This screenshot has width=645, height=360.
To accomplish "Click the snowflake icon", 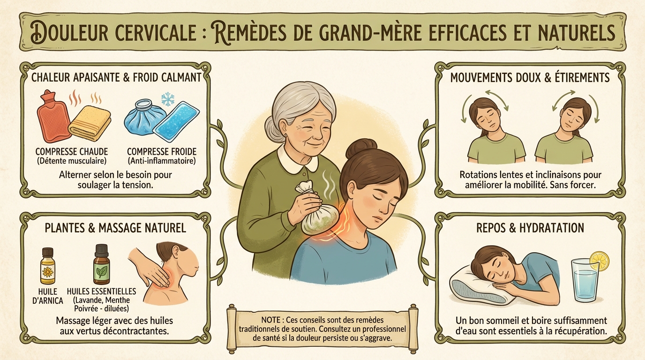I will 167,98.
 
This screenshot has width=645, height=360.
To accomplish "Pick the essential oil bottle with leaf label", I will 102,265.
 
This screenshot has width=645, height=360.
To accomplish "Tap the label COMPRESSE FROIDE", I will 161,152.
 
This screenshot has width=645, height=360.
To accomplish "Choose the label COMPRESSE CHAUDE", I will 72,152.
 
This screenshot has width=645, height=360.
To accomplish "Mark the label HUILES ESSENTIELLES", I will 102,291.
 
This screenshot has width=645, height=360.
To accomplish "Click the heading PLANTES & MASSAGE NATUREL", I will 115,228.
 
